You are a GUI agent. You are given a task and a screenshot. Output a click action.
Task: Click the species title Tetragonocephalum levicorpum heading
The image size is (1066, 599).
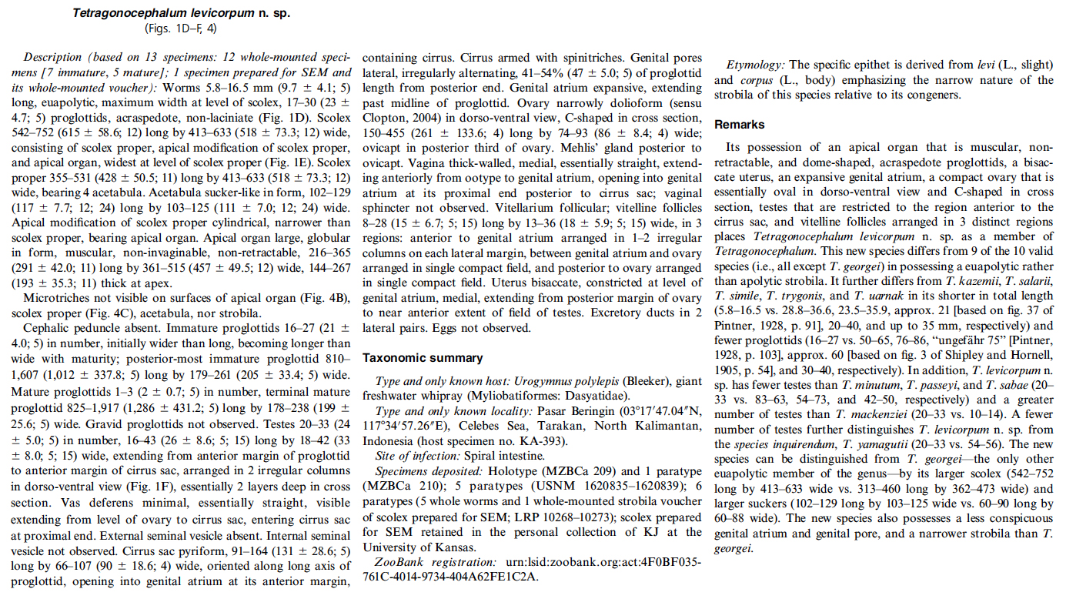181,13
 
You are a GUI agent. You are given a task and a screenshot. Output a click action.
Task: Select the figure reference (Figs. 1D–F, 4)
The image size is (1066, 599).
181,28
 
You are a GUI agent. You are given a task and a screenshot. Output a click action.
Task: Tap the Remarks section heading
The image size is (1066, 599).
739,124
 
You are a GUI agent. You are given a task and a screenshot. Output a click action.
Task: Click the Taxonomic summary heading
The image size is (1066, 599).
423,358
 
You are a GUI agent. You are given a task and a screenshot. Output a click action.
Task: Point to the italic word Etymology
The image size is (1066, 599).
755,65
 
